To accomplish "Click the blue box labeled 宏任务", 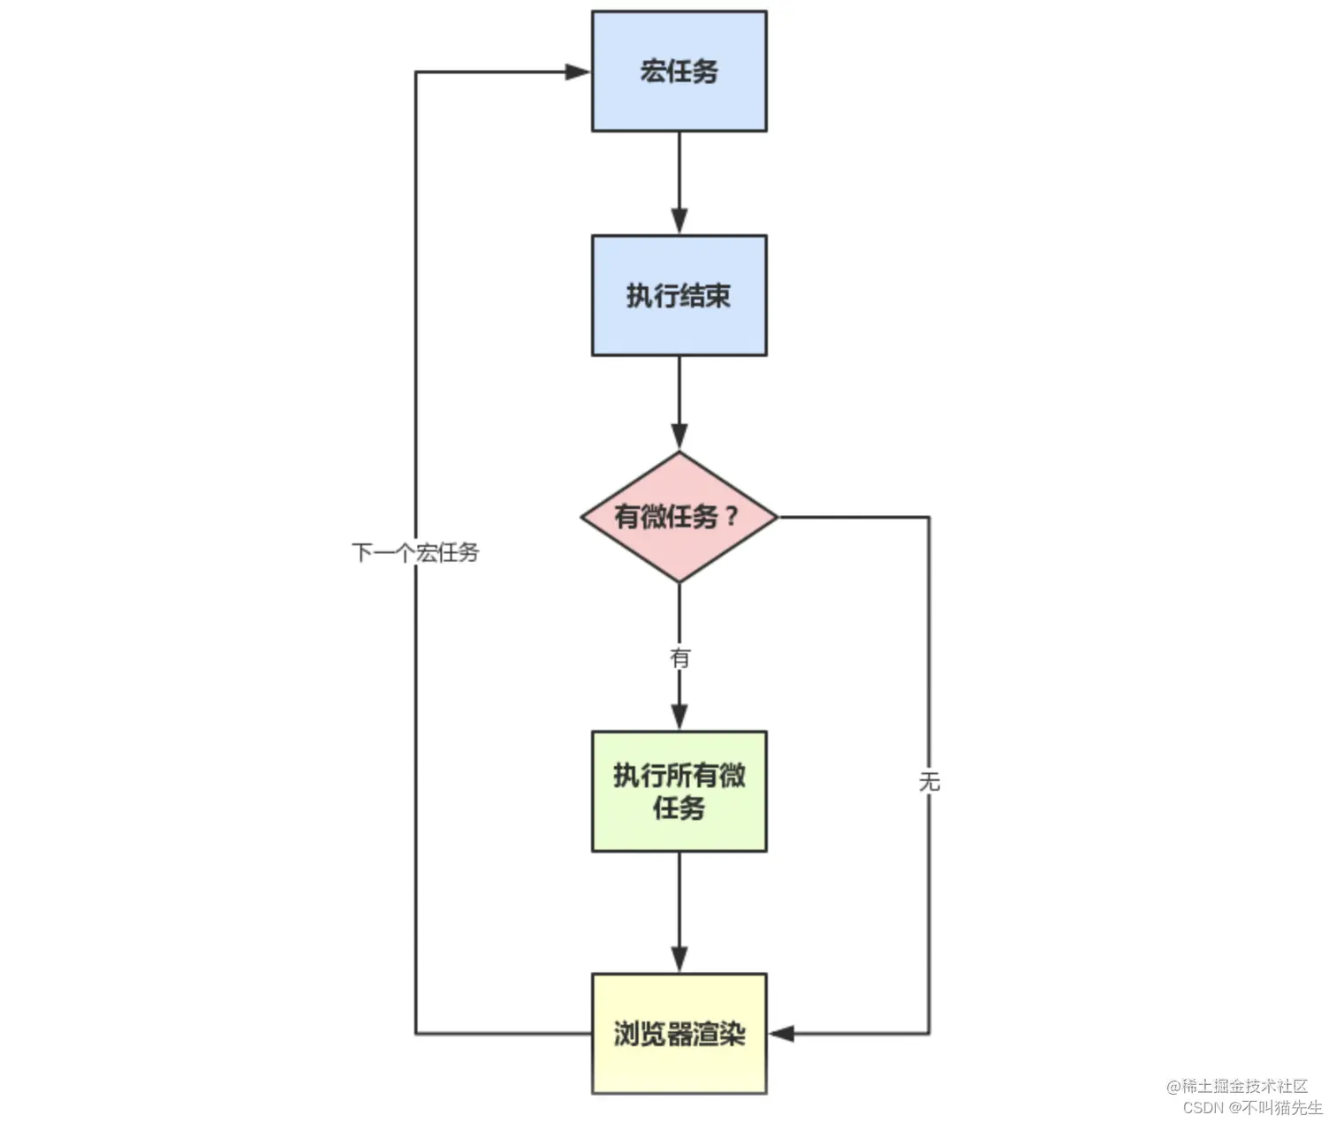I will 679,72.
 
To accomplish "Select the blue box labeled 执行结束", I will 679,295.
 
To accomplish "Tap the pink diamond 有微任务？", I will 679,517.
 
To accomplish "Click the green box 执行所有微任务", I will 679,791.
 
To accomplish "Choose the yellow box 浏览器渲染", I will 679,1033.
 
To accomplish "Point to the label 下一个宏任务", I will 415,552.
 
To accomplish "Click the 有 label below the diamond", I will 679,657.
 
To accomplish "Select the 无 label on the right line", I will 929,781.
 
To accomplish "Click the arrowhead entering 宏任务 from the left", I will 578,72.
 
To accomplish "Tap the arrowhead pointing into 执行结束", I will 679,221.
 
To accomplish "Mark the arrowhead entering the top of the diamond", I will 679,436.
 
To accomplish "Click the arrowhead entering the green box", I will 679,717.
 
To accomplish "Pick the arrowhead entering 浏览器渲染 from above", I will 679,959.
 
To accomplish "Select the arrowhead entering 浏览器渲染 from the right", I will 782,1033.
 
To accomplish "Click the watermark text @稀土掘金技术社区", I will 1237,1086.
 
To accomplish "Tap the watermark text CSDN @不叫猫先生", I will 1252,1107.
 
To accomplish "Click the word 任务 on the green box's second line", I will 679,808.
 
